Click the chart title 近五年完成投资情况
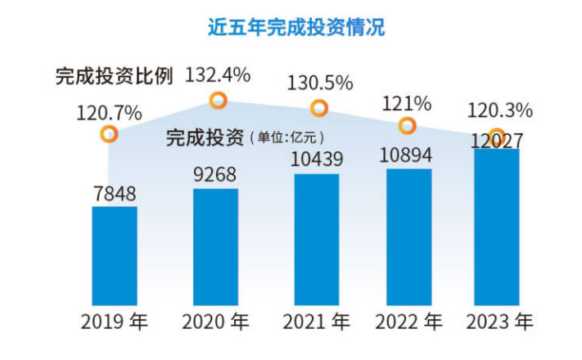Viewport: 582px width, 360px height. click(x=296, y=26)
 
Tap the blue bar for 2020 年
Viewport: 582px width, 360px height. click(x=215, y=246)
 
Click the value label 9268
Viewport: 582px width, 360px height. click(x=215, y=176)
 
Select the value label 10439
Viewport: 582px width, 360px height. click(x=317, y=161)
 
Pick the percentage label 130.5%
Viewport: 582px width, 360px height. click(x=319, y=83)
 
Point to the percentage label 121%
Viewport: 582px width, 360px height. click(x=407, y=103)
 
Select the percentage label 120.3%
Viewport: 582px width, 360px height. click(x=499, y=110)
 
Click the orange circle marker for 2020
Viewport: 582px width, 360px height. click(x=218, y=101)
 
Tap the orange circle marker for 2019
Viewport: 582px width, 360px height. click(x=108, y=134)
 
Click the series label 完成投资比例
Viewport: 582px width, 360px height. click(x=115, y=76)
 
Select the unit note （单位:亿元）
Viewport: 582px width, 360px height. click(x=286, y=137)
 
